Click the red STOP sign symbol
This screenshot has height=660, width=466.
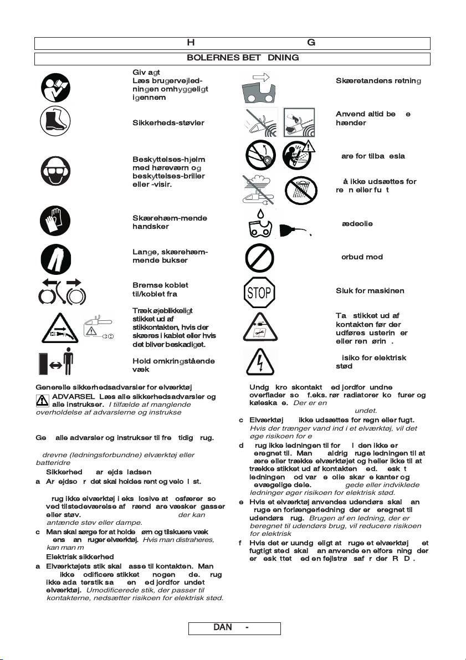[x=259, y=291]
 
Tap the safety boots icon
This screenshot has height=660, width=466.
[x=55, y=122]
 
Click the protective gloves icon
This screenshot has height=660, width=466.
[x=55, y=222]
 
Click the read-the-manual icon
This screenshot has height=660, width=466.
[x=55, y=86]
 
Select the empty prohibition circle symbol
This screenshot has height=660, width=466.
[x=259, y=257]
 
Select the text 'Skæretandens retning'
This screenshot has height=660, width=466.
[x=378, y=81]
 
